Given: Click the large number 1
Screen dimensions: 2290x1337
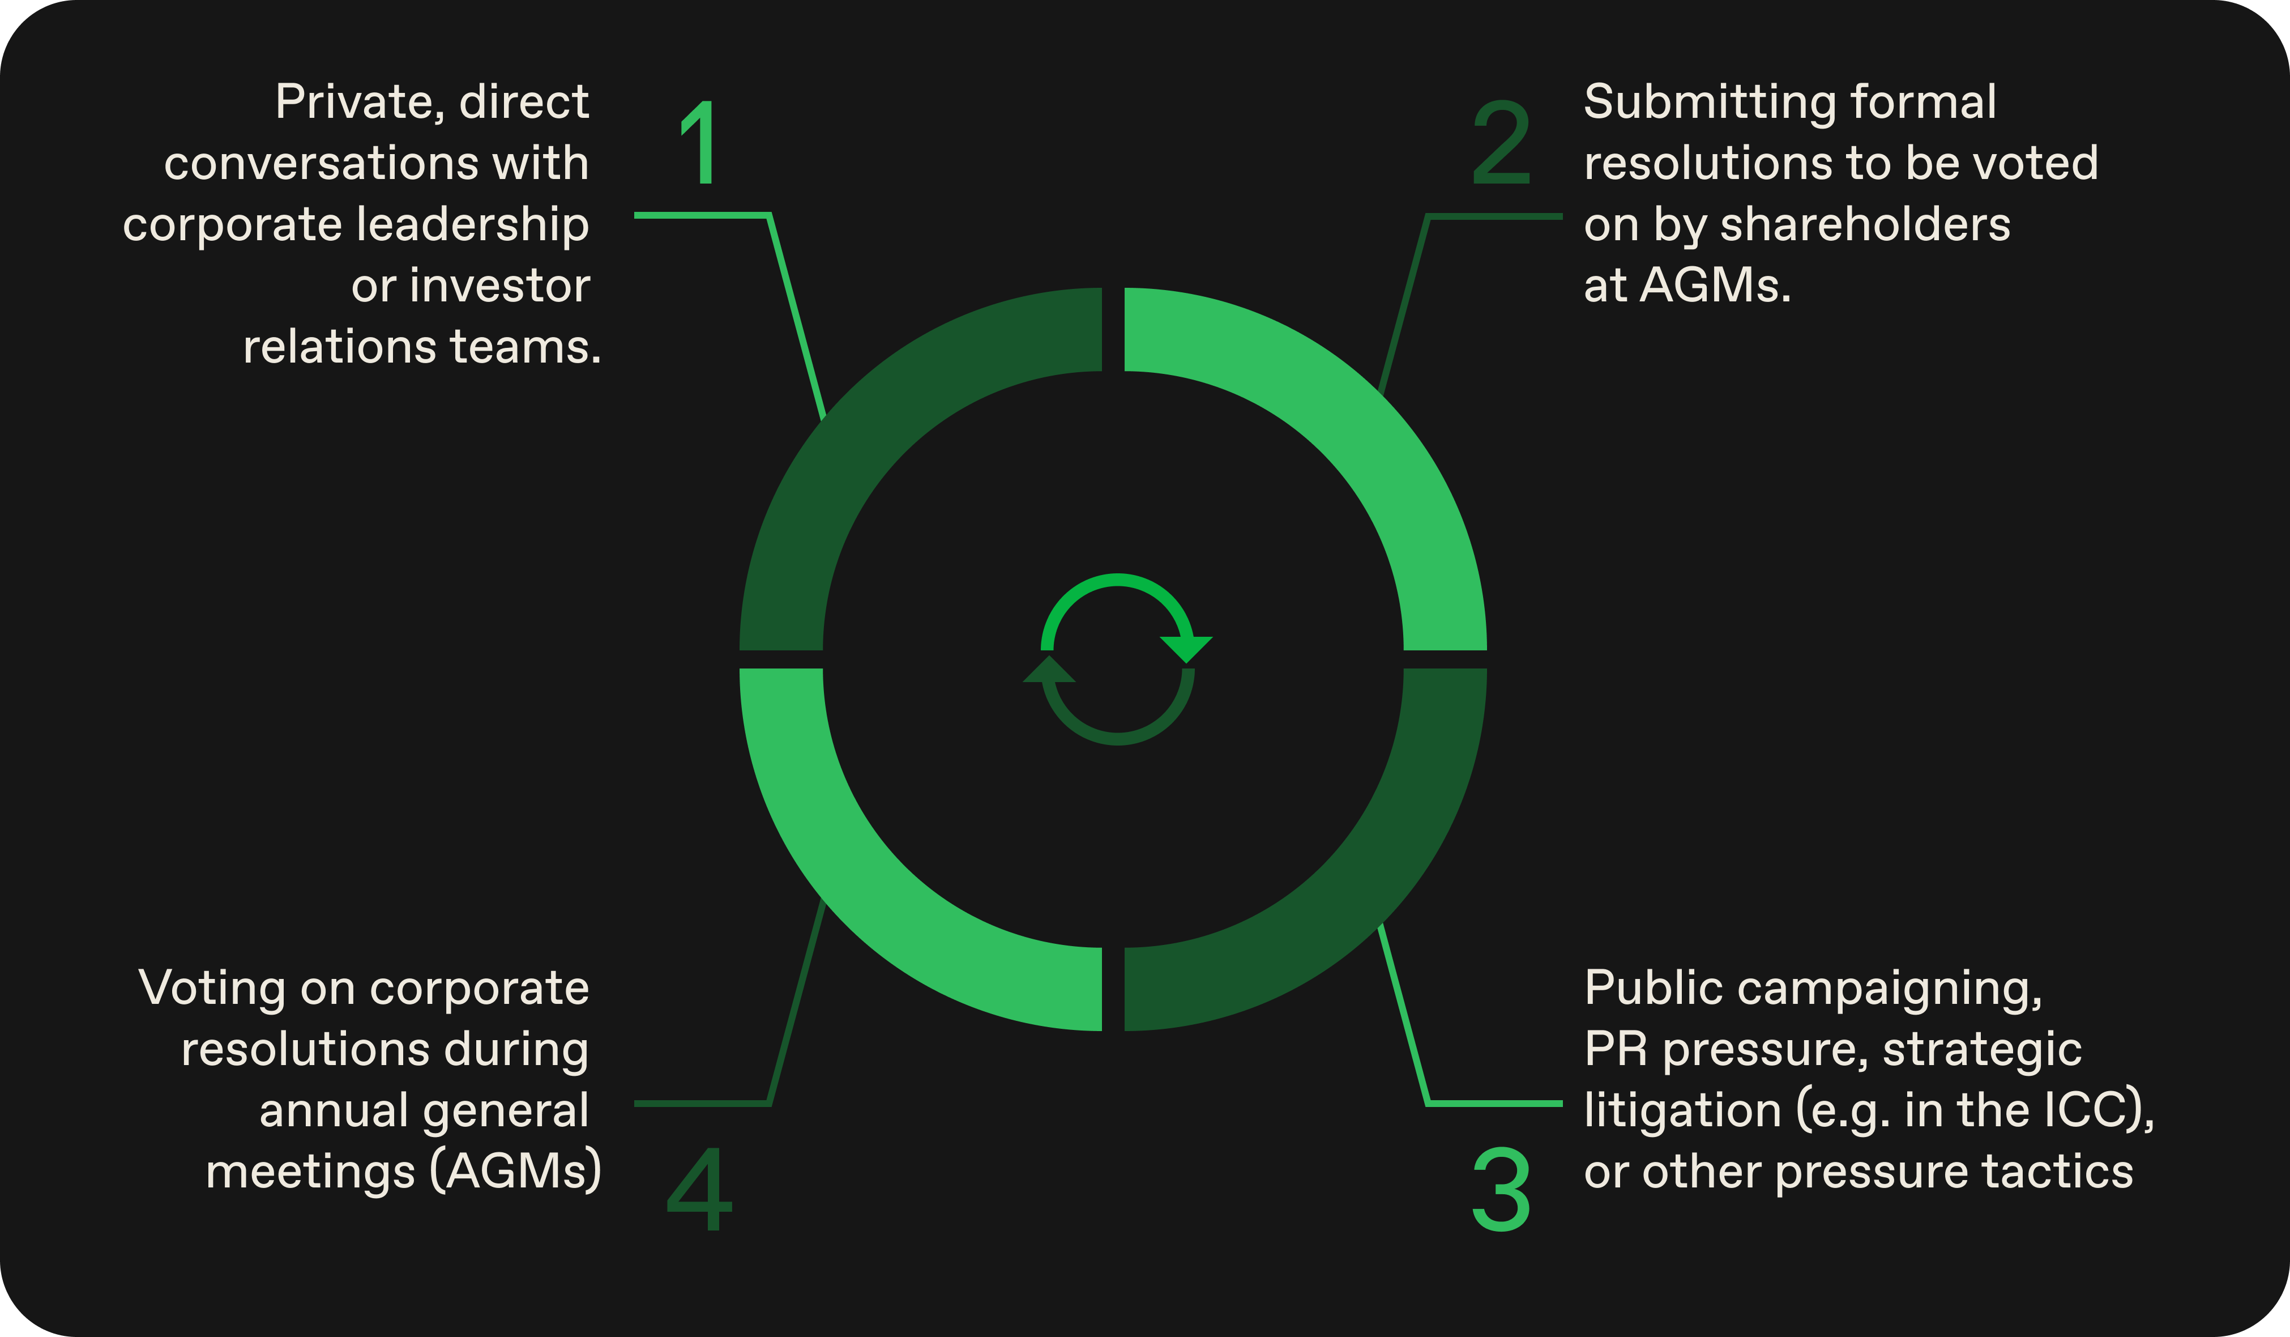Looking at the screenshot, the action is coord(702,143).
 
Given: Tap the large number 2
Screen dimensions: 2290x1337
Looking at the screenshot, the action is coord(1501,143).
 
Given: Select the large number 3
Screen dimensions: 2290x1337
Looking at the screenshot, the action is coord(1501,1189).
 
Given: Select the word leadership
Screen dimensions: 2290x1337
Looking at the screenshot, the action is coord(472,224).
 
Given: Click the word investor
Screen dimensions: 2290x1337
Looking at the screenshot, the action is coord(500,286).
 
